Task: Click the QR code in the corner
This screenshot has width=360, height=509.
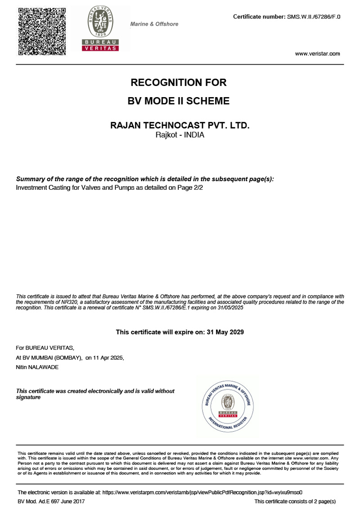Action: (x=42, y=31)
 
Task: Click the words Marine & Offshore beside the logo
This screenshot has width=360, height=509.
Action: (x=154, y=24)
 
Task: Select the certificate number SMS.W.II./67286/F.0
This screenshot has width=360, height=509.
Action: (x=314, y=17)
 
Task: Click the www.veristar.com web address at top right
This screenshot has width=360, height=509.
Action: (x=317, y=54)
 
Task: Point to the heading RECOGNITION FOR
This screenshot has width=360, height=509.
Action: (x=179, y=83)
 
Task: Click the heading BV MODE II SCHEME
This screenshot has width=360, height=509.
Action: (x=179, y=101)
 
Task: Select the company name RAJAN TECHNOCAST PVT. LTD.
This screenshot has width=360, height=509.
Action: (x=180, y=125)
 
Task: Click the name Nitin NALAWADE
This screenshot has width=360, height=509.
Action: (x=37, y=367)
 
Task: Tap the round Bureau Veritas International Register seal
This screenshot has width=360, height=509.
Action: (x=228, y=407)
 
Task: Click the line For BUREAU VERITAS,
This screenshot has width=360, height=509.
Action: (x=45, y=348)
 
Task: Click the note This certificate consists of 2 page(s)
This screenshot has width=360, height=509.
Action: (x=295, y=501)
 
